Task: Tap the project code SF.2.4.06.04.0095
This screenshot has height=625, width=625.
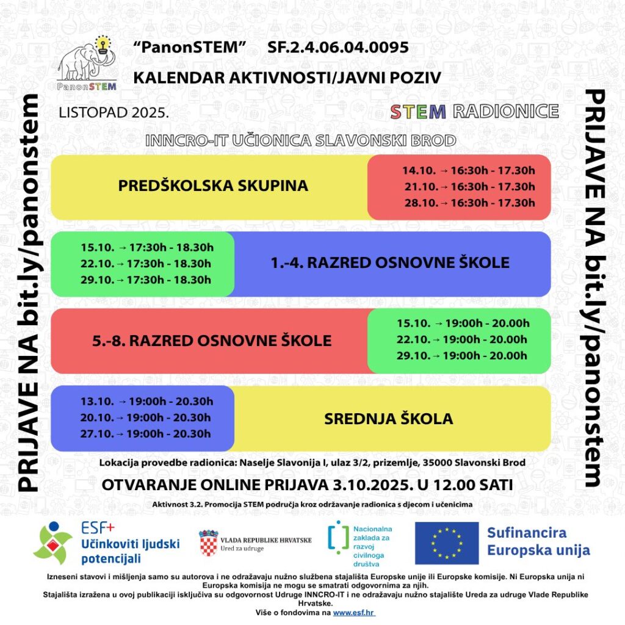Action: (338, 48)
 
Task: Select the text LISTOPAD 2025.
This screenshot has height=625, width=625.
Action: (114, 113)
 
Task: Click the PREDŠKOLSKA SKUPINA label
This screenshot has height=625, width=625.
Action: (213, 186)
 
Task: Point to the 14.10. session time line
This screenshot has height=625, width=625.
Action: (468, 171)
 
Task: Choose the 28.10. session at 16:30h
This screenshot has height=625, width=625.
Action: (468, 203)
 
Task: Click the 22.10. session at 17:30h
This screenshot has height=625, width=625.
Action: (146, 264)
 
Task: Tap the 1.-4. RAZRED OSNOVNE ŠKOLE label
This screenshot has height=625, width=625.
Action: (390, 263)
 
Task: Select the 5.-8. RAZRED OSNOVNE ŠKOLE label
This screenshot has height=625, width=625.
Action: (212, 341)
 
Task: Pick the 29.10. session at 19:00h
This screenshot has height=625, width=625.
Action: (462, 356)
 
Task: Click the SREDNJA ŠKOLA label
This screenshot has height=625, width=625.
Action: (388, 419)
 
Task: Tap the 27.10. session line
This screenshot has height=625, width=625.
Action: (146, 433)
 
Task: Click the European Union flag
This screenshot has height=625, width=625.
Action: (447, 543)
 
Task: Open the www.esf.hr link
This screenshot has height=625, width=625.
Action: (355, 612)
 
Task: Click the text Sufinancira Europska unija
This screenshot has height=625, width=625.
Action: (538, 541)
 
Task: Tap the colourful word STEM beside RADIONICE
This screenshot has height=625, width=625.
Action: (418, 112)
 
